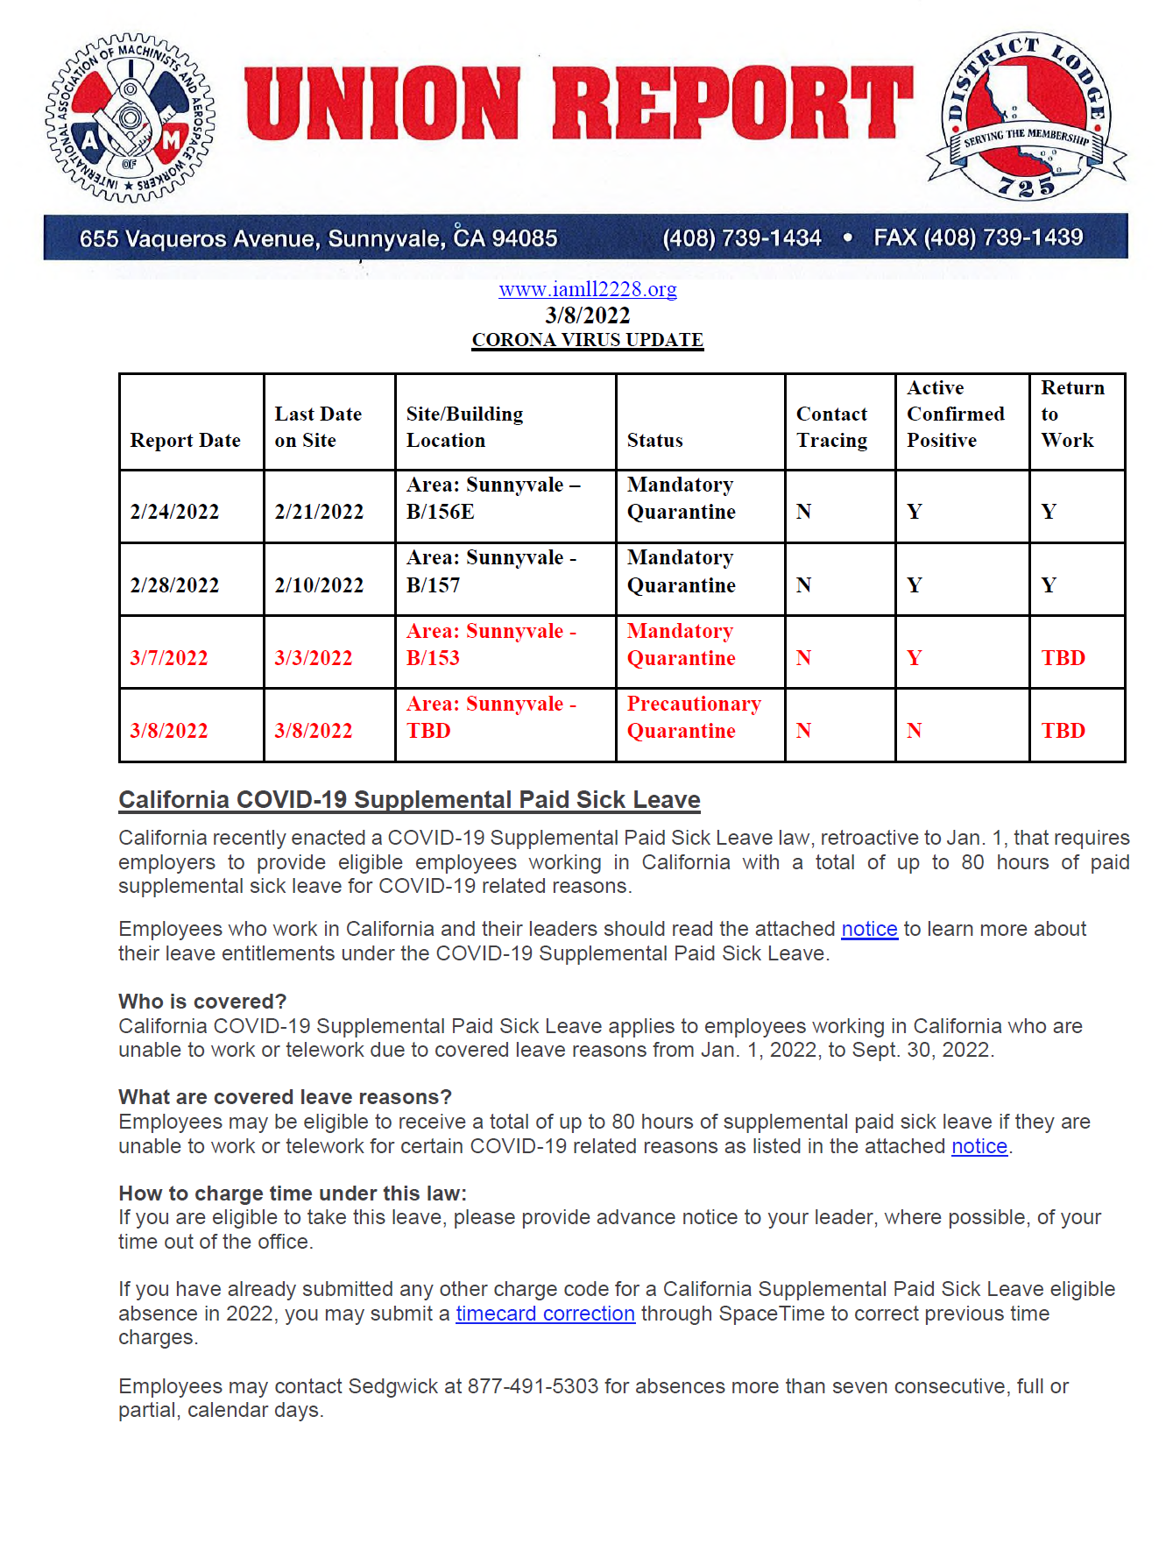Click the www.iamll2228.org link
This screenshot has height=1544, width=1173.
point(587,289)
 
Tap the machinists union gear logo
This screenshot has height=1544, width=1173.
point(130,118)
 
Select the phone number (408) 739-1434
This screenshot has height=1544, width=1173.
point(741,238)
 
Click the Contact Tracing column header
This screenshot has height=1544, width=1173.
point(831,427)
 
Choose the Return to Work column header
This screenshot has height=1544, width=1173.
point(1071,414)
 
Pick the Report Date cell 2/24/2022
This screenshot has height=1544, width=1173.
point(174,512)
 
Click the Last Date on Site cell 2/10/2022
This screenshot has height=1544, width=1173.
point(319,585)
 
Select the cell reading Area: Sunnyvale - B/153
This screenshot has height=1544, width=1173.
point(491,644)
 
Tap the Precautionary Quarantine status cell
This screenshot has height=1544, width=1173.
point(693,717)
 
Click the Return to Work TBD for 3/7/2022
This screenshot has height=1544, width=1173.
point(1063,658)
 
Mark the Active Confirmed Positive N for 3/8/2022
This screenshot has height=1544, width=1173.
point(914,731)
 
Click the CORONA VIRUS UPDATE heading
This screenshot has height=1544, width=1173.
point(587,340)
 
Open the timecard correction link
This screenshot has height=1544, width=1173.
point(545,1314)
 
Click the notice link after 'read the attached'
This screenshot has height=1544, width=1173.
point(869,929)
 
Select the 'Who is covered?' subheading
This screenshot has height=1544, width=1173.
point(202,1002)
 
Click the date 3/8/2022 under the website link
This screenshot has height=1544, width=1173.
point(587,315)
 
